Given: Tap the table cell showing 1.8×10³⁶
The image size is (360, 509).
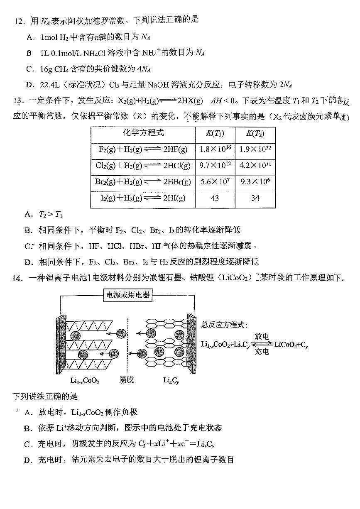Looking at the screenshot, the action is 215,149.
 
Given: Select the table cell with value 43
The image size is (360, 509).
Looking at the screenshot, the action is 215,198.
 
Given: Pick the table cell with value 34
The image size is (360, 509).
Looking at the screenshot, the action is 255,198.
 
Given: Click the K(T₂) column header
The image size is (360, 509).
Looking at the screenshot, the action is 255,133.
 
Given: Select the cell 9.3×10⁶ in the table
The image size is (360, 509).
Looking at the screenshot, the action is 255,182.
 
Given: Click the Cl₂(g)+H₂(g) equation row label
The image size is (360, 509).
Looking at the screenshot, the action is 142,166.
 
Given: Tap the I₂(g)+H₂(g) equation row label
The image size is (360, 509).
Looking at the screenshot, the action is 142,198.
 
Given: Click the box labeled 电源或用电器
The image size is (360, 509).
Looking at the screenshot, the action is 127,296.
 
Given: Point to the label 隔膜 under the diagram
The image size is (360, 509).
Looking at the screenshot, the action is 127,379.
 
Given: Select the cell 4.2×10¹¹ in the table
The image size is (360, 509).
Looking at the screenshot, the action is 255,166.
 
